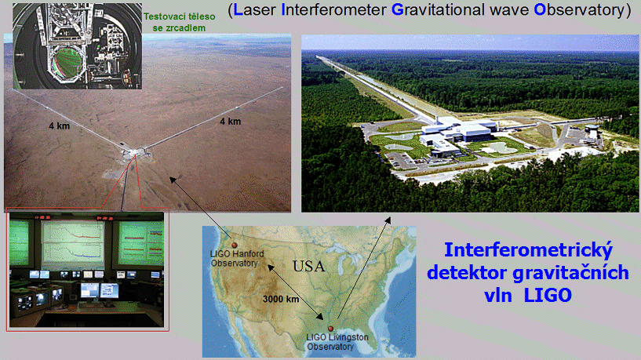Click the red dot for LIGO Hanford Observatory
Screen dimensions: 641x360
click(x=235, y=245)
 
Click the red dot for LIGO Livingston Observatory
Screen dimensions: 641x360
click(x=330, y=329)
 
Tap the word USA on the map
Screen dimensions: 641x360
click(x=309, y=267)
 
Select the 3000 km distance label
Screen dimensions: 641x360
click(x=281, y=299)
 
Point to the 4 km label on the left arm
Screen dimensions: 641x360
click(x=60, y=125)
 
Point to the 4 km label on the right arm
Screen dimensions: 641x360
click(x=230, y=122)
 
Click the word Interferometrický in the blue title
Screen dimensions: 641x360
click(x=528, y=250)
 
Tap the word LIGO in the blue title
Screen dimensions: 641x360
click(x=548, y=295)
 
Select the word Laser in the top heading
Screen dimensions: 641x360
click(x=254, y=10)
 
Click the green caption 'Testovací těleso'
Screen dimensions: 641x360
click(x=179, y=16)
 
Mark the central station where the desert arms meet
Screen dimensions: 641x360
click(x=135, y=153)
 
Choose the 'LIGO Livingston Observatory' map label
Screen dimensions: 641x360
click(x=337, y=342)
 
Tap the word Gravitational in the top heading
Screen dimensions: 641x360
click(x=439, y=10)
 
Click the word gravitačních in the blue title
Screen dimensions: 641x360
click(x=570, y=273)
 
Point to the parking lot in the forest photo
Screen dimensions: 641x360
click(x=400, y=161)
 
